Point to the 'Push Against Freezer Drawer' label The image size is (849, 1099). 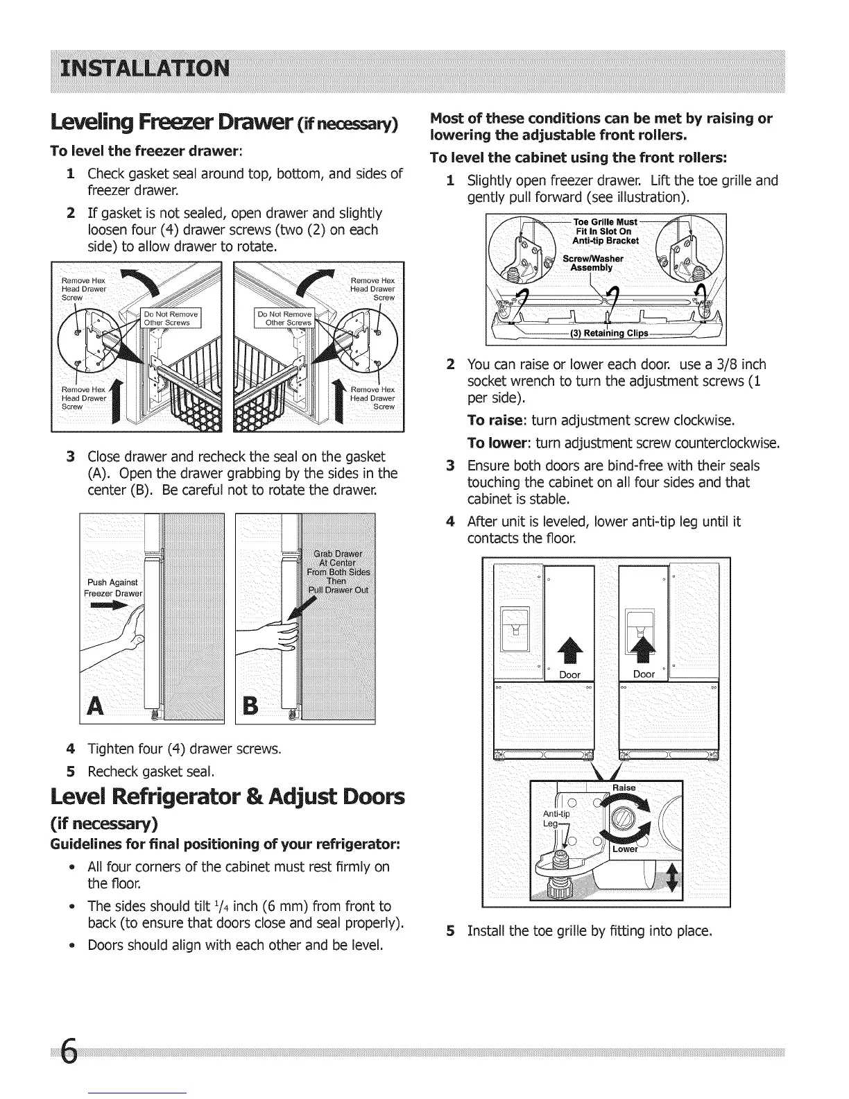click(x=112, y=588)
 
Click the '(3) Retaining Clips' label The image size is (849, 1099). click(x=608, y=333)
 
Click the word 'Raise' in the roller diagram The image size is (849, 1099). click(x=624, y=787)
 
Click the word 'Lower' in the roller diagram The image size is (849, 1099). click(x=624, y=849)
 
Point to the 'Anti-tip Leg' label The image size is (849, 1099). click(x=556, y=819)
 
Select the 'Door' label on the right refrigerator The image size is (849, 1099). click(x=644, y=674)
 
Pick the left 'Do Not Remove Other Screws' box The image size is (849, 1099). click(x=170, y=318)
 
